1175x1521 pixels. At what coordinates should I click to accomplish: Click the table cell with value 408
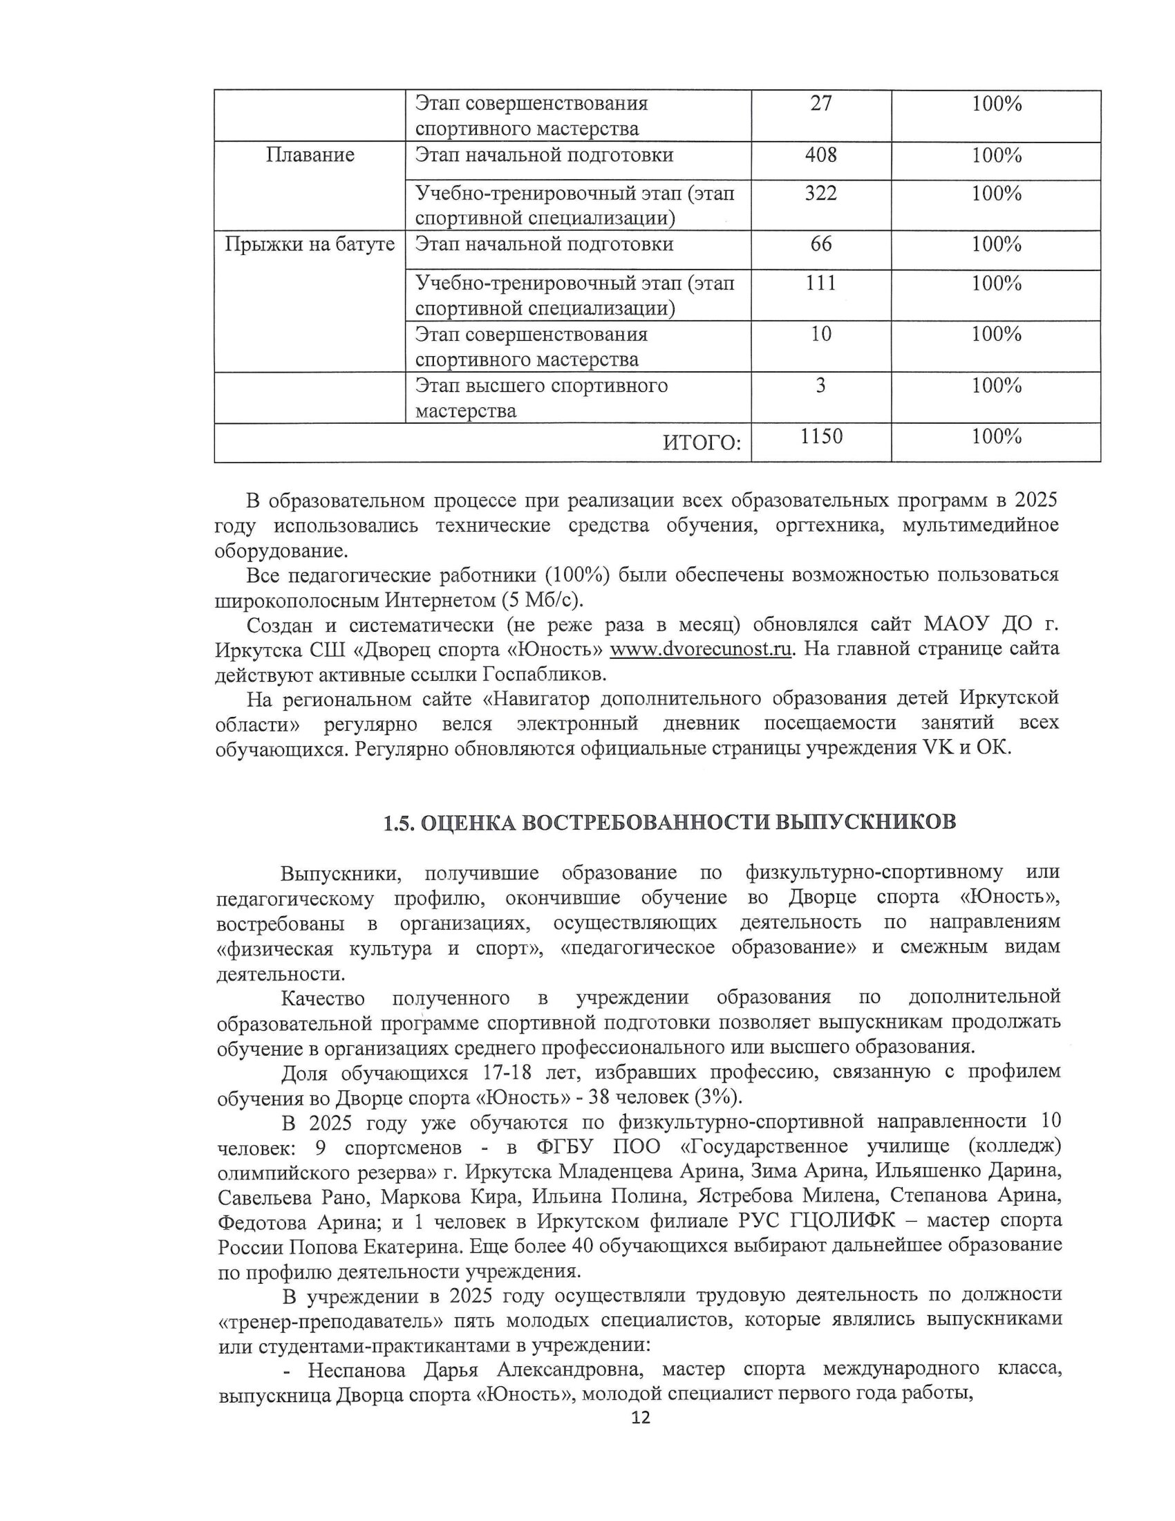click(x=820, y=155)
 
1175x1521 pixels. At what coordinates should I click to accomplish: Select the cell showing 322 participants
click(x=820, y=194)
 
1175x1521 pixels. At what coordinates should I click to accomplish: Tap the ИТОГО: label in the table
click(x=702, y=442)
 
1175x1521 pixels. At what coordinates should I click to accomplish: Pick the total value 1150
click(x=821, y=437)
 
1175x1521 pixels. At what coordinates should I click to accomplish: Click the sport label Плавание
click(x=310, y=155)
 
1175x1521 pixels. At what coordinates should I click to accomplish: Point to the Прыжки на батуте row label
click(x=310, y=245)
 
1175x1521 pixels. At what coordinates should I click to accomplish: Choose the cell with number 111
click(x=820, y=283)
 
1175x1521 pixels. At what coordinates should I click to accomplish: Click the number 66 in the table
click(x=820, y=245)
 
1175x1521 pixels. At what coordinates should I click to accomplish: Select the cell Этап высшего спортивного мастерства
click(x=542, y=398)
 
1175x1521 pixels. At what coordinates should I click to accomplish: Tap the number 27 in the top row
click(x=820, y=104)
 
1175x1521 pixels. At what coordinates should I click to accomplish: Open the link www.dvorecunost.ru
click(x=701, y=649)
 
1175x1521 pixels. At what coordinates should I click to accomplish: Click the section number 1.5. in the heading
click(x=399, y=823)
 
